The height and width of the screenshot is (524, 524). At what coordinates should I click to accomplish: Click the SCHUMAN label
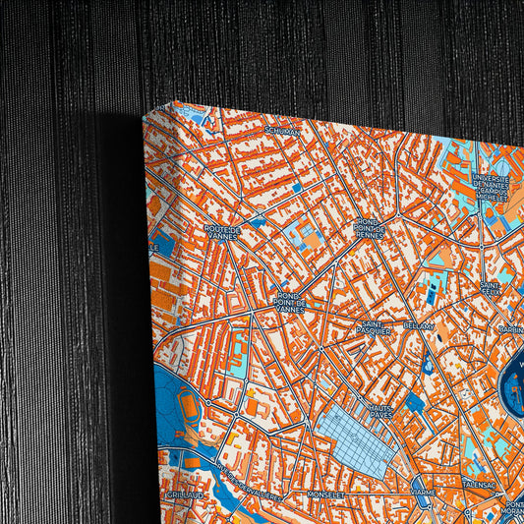coord(281,129)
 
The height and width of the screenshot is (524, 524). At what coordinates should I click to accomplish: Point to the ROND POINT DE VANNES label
coord(291,299)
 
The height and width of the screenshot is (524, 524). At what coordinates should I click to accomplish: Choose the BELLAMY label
coord(420,323)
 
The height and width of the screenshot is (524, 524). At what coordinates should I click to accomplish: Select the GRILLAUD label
coord(184,495)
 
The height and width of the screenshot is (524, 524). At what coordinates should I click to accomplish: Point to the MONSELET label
coord(325,495)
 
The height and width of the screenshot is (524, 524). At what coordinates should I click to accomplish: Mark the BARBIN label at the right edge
coord(512,329)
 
